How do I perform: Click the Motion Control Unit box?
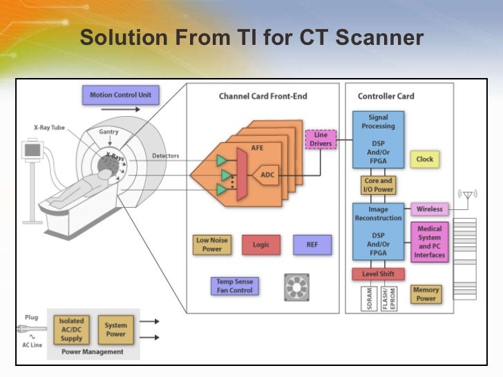[120, 95]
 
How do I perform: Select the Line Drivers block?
[321, 139]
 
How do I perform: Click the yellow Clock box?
[424, 159]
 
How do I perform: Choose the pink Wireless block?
[429, 209]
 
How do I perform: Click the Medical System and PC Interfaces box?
[429, 242]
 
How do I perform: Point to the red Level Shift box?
[378, 274]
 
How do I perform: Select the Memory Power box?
[426, 295]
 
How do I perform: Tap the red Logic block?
[261, 245]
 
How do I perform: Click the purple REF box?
[312, 245]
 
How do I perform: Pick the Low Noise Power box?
[212, 245]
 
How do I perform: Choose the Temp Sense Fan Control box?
[235, 287]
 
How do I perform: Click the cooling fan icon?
[296, 287]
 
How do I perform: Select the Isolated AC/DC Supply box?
[71, 329]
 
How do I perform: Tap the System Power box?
[116, 329]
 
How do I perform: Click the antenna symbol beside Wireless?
[467, 195]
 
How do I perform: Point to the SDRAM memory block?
[370, 299]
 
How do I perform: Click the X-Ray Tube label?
[49, 128]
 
